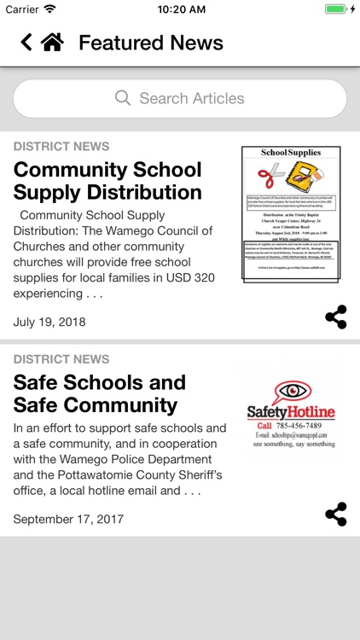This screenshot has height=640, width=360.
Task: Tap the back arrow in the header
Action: [x=26, y=43]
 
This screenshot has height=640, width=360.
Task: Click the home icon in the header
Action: [x=52, y=43]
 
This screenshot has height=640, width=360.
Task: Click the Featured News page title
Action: [x=151, y=43]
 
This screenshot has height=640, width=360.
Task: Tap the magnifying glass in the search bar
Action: [x=124, y=98]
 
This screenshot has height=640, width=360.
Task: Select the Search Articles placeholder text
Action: [x=192, y=98]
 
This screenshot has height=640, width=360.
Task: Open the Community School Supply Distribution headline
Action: [x=107, y=180]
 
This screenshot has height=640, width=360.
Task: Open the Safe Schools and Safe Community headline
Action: [x=99, y=393]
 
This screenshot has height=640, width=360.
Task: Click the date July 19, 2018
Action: [x=49, y=322]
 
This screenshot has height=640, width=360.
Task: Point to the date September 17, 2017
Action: [x=68, y=519]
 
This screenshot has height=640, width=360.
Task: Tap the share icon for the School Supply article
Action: [x=336, y=317]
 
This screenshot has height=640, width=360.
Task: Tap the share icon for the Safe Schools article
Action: [x=336, y=514]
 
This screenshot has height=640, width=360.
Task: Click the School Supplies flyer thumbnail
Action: [x=291, y=213]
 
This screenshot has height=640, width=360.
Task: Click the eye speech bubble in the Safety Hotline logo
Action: [x=291, y=393]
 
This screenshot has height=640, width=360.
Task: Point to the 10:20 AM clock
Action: [x=180, y=9]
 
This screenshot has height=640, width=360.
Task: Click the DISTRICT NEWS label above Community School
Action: [x=61, y=146]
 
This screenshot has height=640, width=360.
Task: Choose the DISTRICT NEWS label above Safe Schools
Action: [x=61, y=359]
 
